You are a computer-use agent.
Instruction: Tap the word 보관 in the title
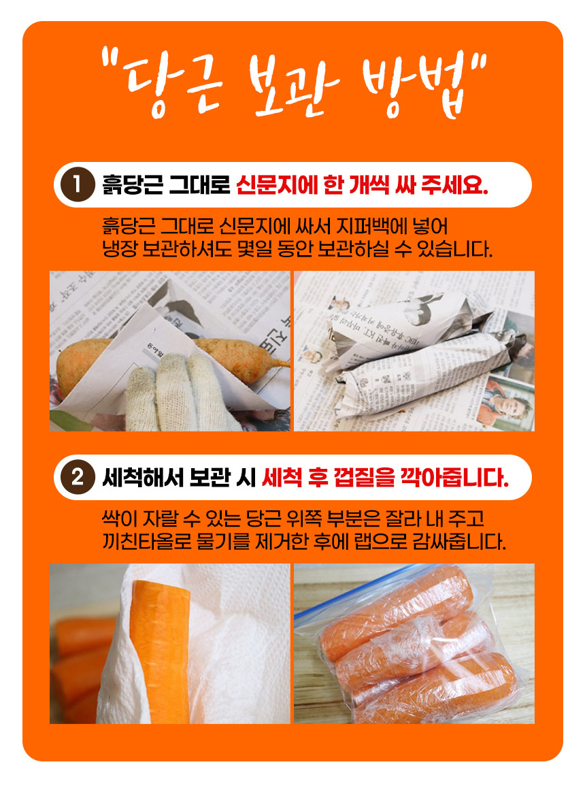click(293, 86)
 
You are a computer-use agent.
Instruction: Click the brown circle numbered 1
click(78, 184)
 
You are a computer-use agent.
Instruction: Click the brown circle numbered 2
click(78, 477)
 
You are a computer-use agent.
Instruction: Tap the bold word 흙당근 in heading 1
click(133, 185)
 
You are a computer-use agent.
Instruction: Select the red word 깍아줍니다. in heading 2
click(454, 478)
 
